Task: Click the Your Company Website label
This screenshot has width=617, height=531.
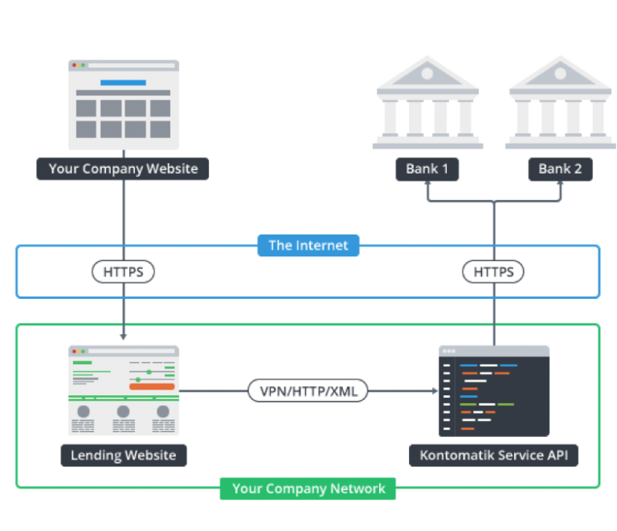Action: [122, 169]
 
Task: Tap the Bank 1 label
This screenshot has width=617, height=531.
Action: [427, 169]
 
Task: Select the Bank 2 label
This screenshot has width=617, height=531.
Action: [560, 169]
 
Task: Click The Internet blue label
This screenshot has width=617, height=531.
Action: [308, 245]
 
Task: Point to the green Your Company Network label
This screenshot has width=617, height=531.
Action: [308, 488]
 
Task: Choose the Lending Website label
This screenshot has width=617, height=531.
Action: [123, 455]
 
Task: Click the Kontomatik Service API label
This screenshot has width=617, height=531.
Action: [494, 455]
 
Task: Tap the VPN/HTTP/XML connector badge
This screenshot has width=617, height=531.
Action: [308, 391]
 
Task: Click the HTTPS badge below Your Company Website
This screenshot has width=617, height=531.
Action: [123, 272]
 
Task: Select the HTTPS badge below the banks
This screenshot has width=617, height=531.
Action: [493, 272]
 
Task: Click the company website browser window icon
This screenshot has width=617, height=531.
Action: [123, 104]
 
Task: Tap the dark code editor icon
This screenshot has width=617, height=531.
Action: [494, 390]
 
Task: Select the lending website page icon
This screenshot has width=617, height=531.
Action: [123, 390]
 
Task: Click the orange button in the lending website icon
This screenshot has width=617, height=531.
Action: [152, 386]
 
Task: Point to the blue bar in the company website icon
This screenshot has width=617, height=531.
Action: [123, 83]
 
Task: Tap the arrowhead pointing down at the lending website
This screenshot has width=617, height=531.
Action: [123, 337]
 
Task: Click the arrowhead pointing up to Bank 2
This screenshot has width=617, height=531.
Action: [560, 186]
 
